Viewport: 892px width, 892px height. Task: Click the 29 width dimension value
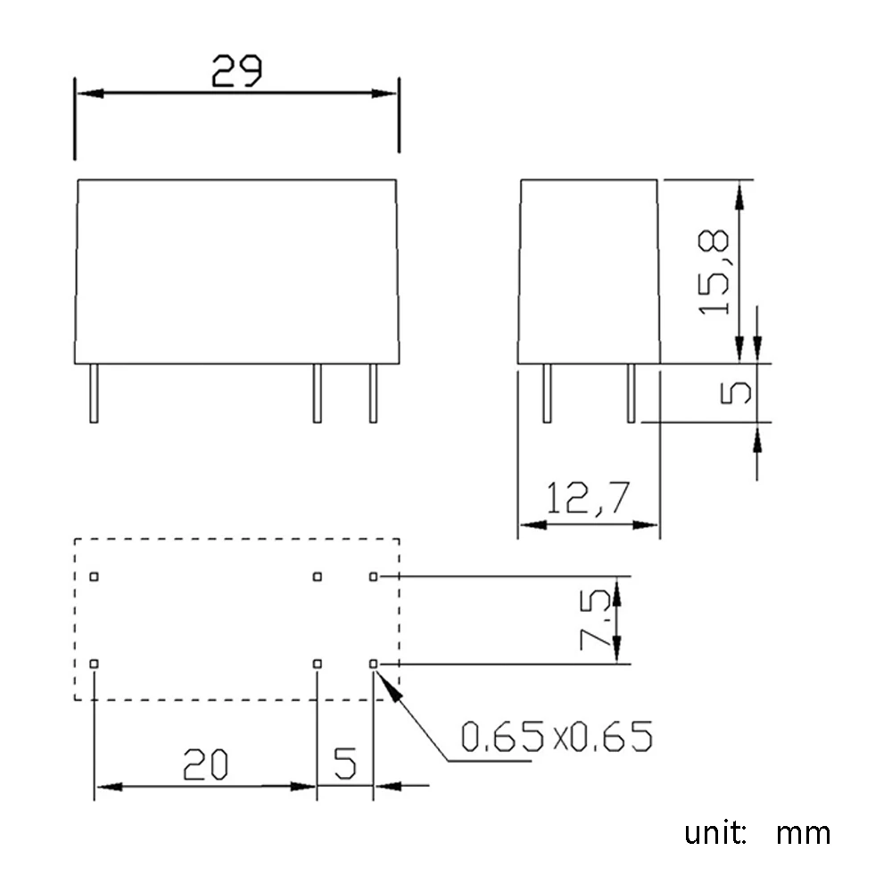pyautogui.click(x=236, y=71)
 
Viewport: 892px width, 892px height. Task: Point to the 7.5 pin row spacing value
pyautogui.click(x=598, y=618)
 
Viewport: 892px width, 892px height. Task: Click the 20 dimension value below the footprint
pyautogui.click(x=206, y=764)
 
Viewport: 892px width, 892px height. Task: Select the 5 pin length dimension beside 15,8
pyautogui.click(x=737, y=392)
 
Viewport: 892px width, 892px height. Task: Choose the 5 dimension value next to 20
pyautogui.click(x=345, y=764)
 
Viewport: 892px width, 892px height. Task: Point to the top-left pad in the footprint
pyautogui.click(x=95, y=576)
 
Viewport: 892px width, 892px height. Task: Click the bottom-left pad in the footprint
pyautogui.click(x=95, y=664)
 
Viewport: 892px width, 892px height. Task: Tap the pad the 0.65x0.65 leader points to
pyautogui.click(x=374, y=664)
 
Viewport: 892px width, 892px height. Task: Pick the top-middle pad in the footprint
pyautogui.click(x=317, y=576)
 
